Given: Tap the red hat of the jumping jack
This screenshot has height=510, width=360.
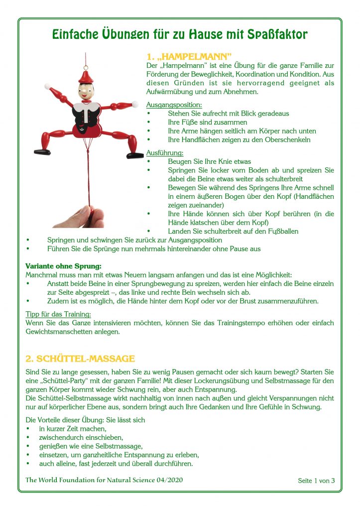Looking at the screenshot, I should (86, 76).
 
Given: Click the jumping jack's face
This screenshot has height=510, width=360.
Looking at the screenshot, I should (86, 92).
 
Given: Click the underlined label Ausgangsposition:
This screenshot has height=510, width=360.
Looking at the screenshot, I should (174, 105).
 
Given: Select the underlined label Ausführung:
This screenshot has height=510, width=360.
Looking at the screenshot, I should (165, 152).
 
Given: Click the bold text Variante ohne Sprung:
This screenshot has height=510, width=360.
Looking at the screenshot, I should (63, 266).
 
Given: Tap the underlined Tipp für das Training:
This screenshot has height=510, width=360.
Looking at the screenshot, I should (58, 314).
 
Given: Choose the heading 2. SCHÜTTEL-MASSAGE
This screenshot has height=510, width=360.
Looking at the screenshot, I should (80, 358).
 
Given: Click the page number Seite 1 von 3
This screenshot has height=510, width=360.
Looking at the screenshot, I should (316, 481).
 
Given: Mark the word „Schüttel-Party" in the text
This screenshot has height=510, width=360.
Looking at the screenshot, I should (62, 381).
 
